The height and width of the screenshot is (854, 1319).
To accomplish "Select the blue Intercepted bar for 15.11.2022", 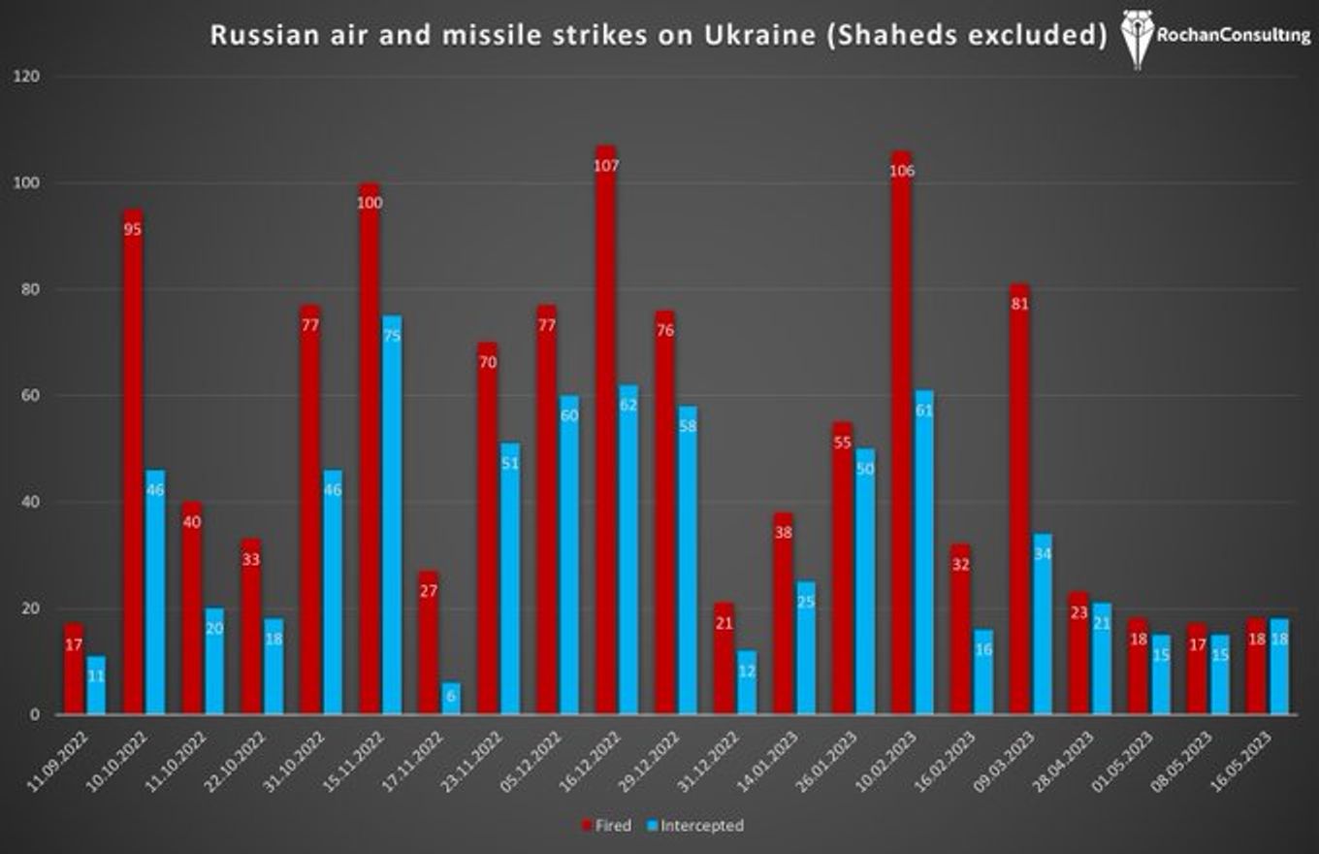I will coord(392,514).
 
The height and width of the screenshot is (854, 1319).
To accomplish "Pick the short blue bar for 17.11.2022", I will coord(451,699).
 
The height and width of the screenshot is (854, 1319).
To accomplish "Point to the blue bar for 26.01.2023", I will coord(865,582).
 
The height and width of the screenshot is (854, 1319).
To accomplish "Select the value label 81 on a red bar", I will coord(1019,304).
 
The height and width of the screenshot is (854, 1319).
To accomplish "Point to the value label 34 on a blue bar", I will coord(1043,554).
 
